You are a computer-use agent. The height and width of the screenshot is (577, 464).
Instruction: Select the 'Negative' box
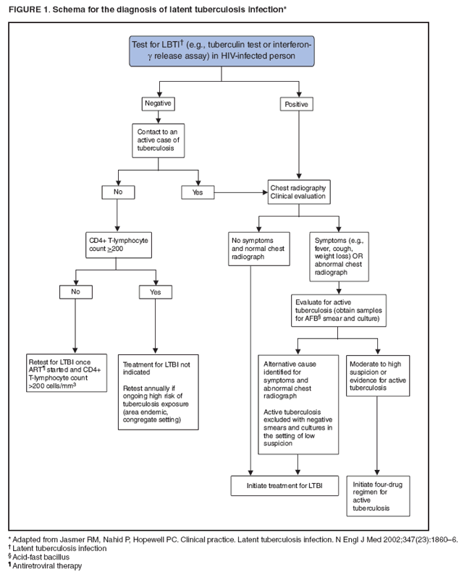pyautogui.click(x=160, y=104)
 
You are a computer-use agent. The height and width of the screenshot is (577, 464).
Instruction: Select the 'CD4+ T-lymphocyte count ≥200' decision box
pyautogui.click(x=117, y=244)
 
